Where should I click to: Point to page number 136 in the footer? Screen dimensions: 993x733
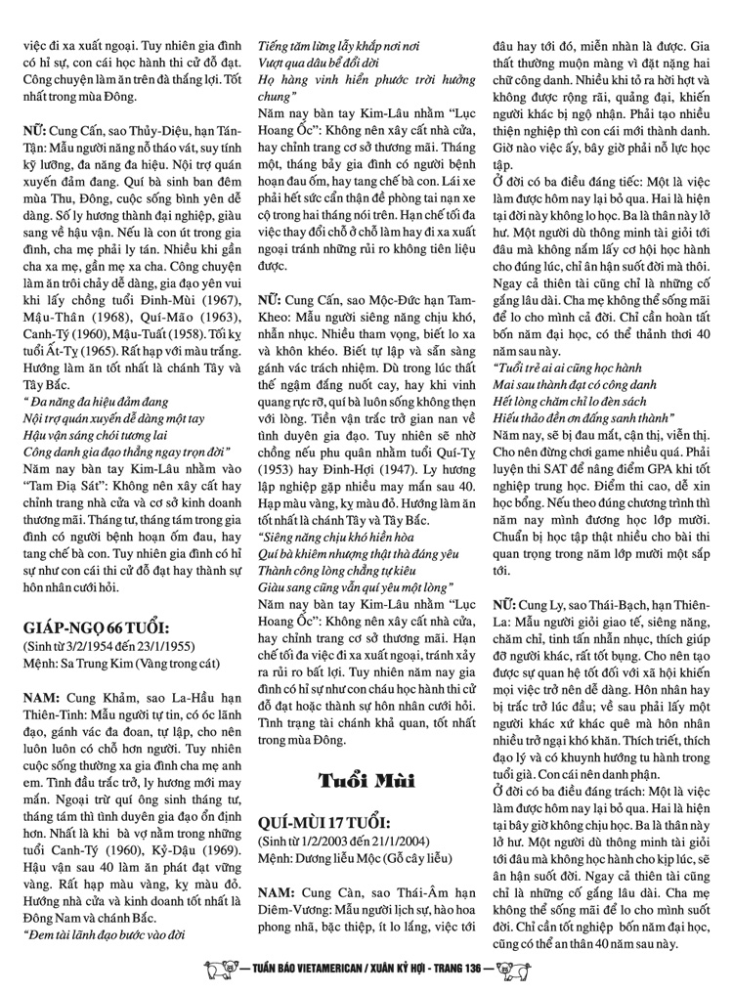coord(501,971)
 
